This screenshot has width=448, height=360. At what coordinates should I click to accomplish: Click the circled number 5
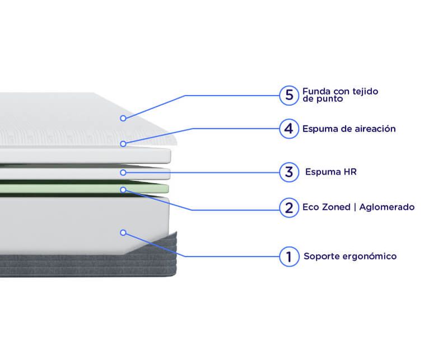tap(289, 95)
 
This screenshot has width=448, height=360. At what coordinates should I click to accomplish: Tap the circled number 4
tap(289, 129)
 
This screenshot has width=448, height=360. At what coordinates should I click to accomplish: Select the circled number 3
tap(289, 172)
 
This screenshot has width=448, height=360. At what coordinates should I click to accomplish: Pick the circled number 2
tap(289, 208)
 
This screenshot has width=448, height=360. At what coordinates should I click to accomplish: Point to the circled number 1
tap(289, 256)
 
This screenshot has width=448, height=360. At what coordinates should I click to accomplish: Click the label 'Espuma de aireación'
tap(349, 129)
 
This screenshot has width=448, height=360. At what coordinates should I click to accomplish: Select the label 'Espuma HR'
tap(331, 172)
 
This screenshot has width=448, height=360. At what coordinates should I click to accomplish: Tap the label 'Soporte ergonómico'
tap(350, 256)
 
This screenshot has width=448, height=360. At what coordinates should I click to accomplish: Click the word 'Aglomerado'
tap(387, 207)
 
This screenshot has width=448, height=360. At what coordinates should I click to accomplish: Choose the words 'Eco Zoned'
tap(326, 207)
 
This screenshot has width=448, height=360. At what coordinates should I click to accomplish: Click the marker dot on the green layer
tap(123, 190)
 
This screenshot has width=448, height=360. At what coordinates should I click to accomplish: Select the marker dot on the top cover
tap(123, 118)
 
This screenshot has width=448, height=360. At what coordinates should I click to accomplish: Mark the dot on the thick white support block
tap(123, 232)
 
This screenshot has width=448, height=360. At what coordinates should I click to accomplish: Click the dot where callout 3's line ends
tap(123, 172)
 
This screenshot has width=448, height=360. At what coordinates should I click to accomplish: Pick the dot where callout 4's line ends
tap(123, 144)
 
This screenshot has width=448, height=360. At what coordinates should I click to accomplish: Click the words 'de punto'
tap(323, 99)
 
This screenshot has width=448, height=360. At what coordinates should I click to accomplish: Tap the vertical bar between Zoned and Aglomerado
tap(355, 207)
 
